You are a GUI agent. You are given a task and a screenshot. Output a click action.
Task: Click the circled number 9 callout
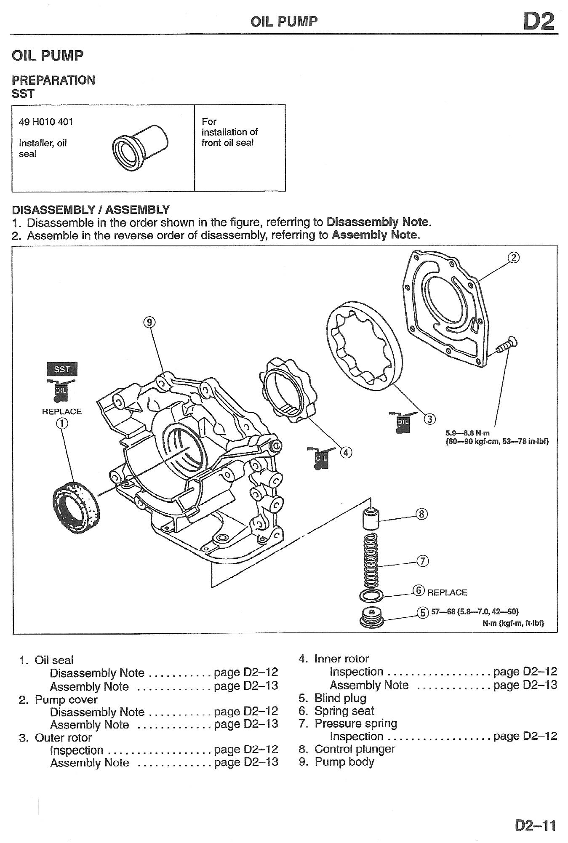pyautogui.click(x=149, y=323)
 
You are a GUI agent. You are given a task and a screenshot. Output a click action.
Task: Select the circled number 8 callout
pyautogui.click(x=421, y=514)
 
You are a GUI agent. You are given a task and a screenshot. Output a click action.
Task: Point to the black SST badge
pyautogui.click(x=62, y=369)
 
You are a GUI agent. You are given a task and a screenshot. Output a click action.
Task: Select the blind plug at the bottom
pyautogui.click(x=371, y=617)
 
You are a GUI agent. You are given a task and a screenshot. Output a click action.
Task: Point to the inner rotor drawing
pyautogui.click(x=288, y=390)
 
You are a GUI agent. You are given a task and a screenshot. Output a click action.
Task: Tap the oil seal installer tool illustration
pyautogui.click(x=140, y=147)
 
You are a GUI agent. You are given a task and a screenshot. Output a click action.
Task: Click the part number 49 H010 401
pyautogui.click(x=46, y=122)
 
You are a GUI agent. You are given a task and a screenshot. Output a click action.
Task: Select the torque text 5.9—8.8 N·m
pyautogui.click(x=467, y=433)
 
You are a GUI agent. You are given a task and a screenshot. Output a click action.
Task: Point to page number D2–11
pyautogui.click(x=535, y=825)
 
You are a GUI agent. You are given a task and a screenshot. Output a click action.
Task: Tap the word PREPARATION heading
pyautogui.click(x=53, y=80)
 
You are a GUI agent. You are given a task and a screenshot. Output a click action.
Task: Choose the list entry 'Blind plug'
pyautogui.click(x=340, y=698)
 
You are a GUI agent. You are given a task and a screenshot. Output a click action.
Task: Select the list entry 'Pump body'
pyautogui.click(x=344, y=762)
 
